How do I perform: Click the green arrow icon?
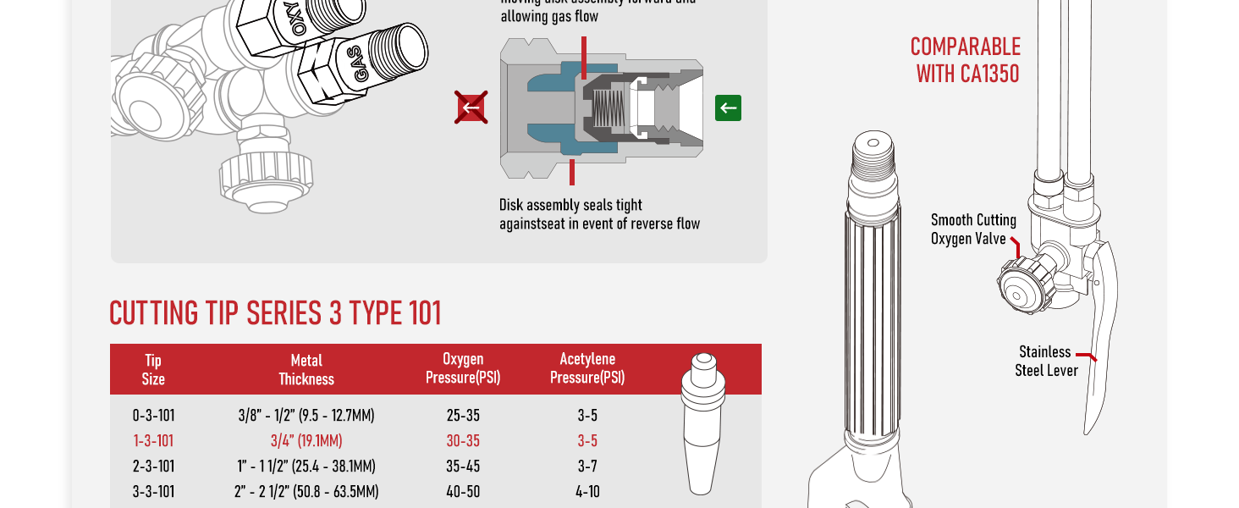coord(728,108)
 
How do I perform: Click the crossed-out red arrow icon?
coord(471,108)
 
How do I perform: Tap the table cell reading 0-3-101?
coord(153,416)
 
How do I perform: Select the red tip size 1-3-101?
coord(153,441)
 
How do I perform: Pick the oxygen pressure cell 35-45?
coord(463,467)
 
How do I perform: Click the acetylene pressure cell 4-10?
coord(587,492)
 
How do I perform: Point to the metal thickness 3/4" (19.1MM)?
coord(306,441)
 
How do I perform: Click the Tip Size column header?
coord(153,369)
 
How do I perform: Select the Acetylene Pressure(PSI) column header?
coord(587,369)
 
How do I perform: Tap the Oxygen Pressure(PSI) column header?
coord(463,369)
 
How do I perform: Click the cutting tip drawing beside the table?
coord(702,423)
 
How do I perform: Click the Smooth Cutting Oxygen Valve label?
coord(973,229)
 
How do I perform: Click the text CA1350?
coord(990,74)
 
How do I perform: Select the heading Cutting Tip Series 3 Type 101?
coord(276,313)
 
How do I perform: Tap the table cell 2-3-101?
coord(153,467)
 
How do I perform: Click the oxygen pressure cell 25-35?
coord(463,416)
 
